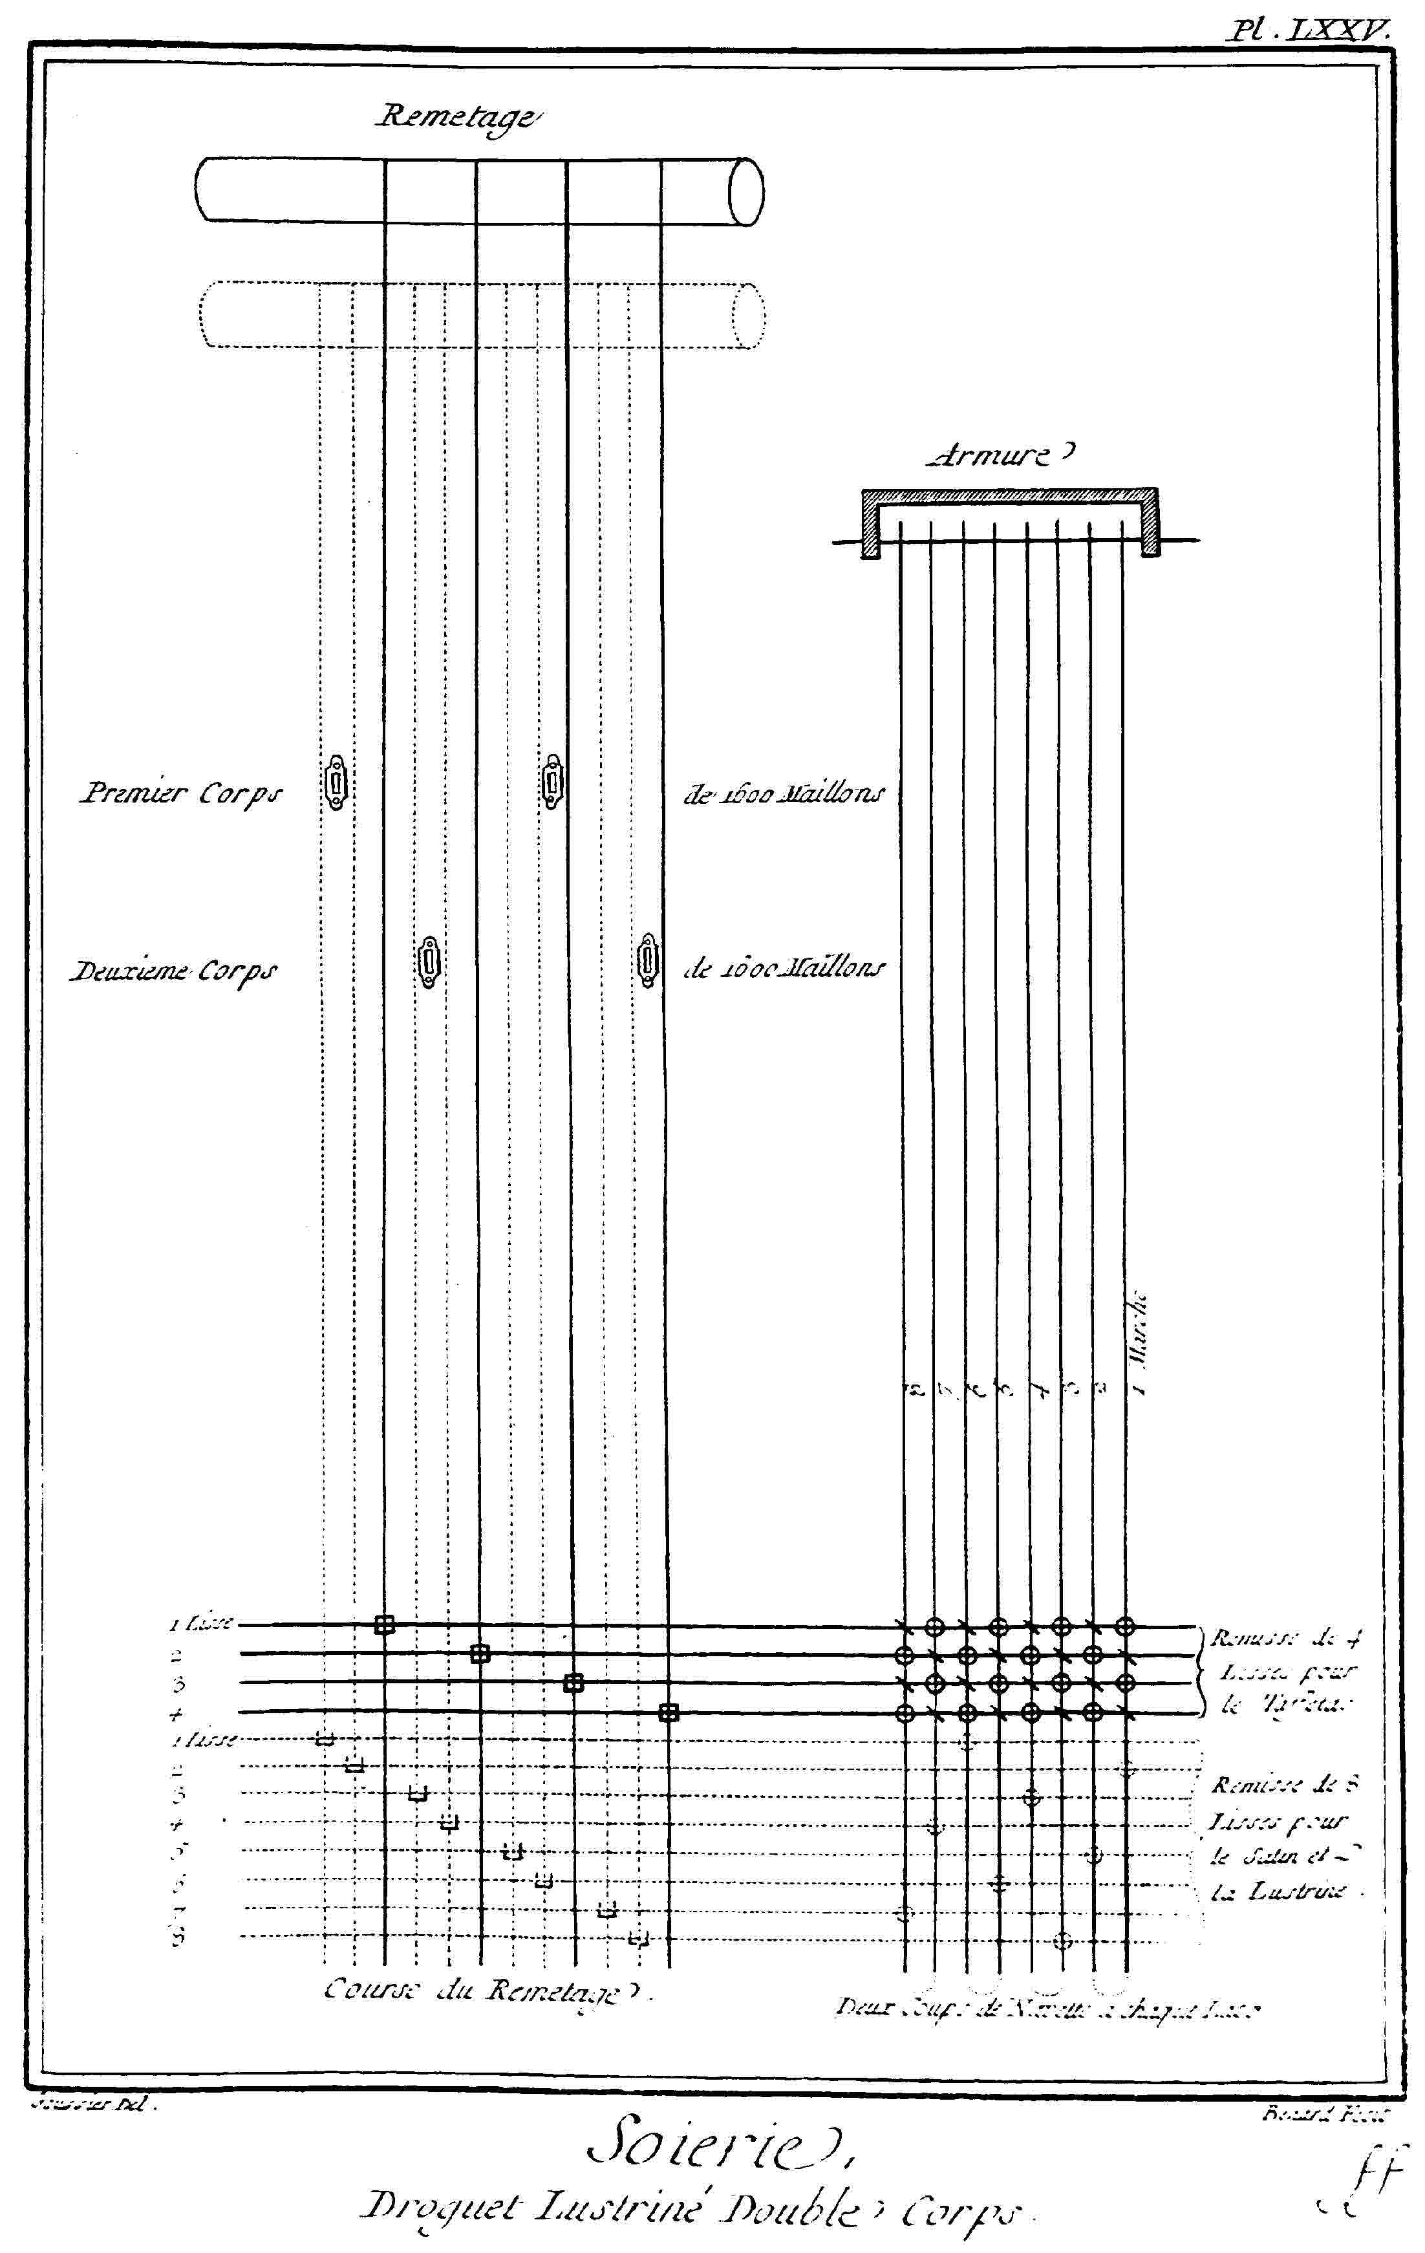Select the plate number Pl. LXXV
(1310, 31)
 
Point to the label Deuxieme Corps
(174, 971)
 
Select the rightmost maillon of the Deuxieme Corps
(647, 960)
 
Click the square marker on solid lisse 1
(383, 1625)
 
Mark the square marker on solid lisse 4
(667, 1713)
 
